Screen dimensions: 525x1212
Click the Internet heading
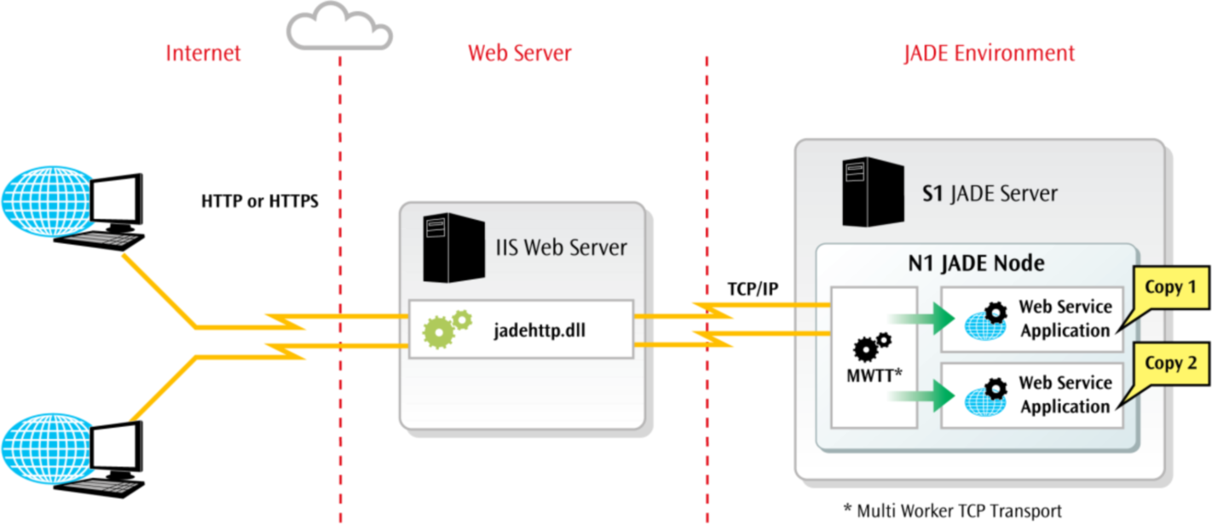point(204,53)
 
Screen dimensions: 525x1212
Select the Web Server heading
point(519,53)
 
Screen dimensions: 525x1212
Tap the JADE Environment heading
point(989,53)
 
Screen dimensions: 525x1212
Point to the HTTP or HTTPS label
point(259,203)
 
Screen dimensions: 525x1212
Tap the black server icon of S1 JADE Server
point(873,192)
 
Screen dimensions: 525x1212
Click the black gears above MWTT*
point(872,346)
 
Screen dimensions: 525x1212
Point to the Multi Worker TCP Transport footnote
point(952,511)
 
